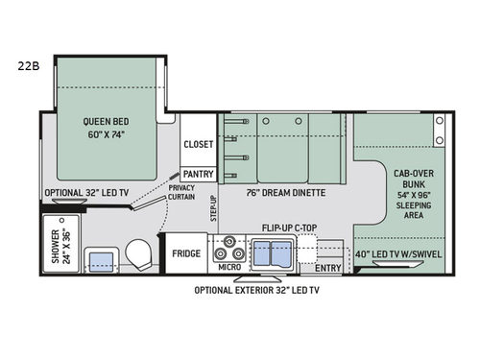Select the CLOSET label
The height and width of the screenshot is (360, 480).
click(199, 144)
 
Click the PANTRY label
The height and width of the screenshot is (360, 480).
click(199, 174)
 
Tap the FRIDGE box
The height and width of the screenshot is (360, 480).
click(186, 253)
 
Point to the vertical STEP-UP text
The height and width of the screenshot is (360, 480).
click(212, 211)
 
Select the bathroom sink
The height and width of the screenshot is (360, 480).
click(97, 259)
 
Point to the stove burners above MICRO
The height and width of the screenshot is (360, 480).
click(229, 249)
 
